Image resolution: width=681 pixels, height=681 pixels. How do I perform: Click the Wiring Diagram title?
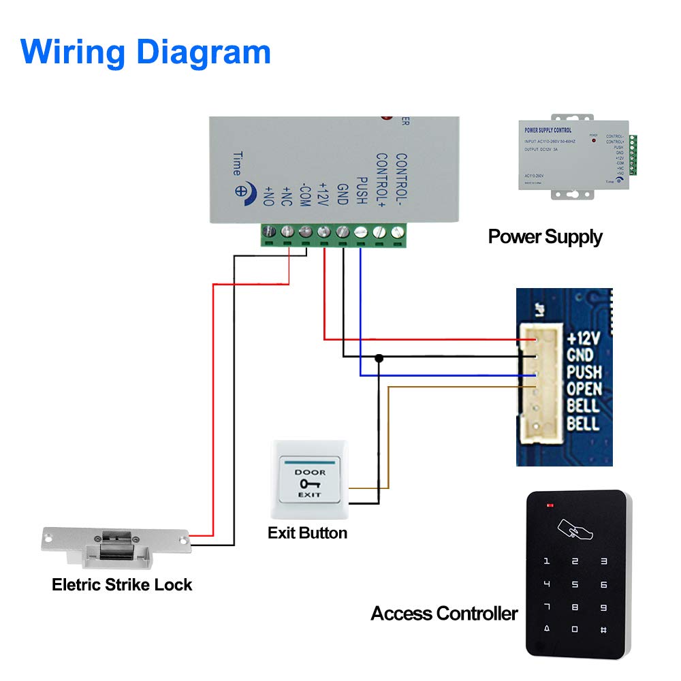click(146, 52)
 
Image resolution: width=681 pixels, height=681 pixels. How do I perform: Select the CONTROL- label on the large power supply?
click(401, 180)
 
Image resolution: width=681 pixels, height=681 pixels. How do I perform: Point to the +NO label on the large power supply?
click(268, 196)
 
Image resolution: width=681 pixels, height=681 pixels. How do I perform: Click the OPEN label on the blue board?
click(584, 389)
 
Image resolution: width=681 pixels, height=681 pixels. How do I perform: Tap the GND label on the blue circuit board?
click(580, 355)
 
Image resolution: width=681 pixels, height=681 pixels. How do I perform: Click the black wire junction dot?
click(379, 358)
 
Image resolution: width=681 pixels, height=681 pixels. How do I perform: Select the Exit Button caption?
click(307, 533)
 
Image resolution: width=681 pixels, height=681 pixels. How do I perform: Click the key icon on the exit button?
click(310, 484)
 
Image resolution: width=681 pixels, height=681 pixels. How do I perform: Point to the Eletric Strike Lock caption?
click(122, 584)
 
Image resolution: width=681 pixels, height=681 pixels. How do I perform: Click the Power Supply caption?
click(545, 237)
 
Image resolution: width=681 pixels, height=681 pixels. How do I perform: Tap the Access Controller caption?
click(444, 614)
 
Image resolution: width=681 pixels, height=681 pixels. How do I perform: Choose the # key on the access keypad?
click(603, 630)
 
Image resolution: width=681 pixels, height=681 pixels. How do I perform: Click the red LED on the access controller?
click(550, 506)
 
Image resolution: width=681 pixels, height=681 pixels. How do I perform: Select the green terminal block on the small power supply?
click(633, 155)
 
